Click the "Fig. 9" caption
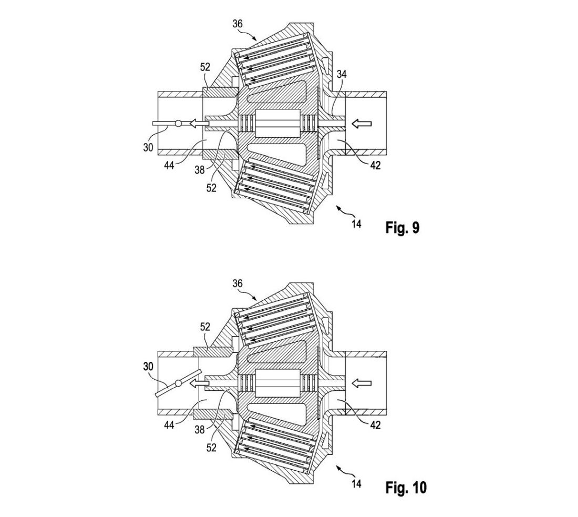click(402, 228)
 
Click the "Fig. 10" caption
click(406, 488)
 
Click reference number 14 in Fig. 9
click(357, 223)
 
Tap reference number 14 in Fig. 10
click(357, 482)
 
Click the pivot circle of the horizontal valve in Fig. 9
click(178, 124)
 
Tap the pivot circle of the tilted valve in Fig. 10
click(178, 384)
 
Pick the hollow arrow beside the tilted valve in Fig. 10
click(197, 384)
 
